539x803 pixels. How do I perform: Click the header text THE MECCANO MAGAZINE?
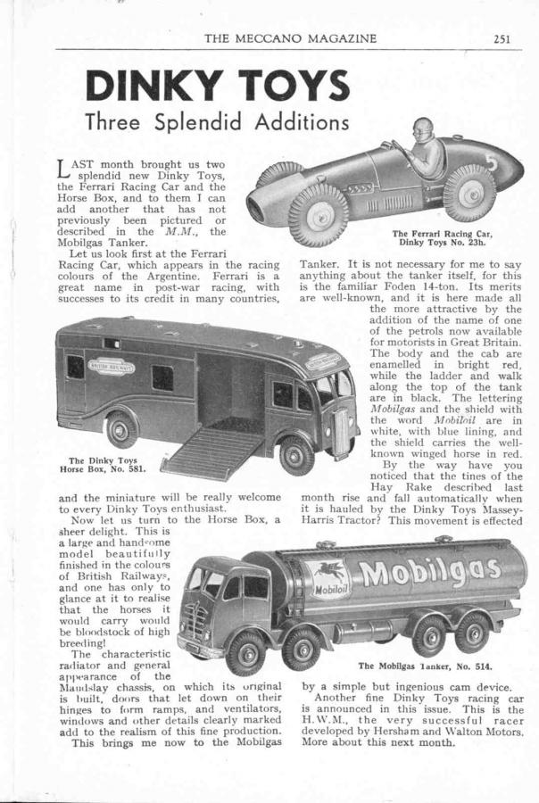[x=290, y=37]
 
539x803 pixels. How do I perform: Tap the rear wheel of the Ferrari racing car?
[x=469, y=191]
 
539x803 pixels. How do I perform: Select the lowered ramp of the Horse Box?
[x=211, y=451]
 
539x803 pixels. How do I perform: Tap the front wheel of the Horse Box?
[x=296, y=454]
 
